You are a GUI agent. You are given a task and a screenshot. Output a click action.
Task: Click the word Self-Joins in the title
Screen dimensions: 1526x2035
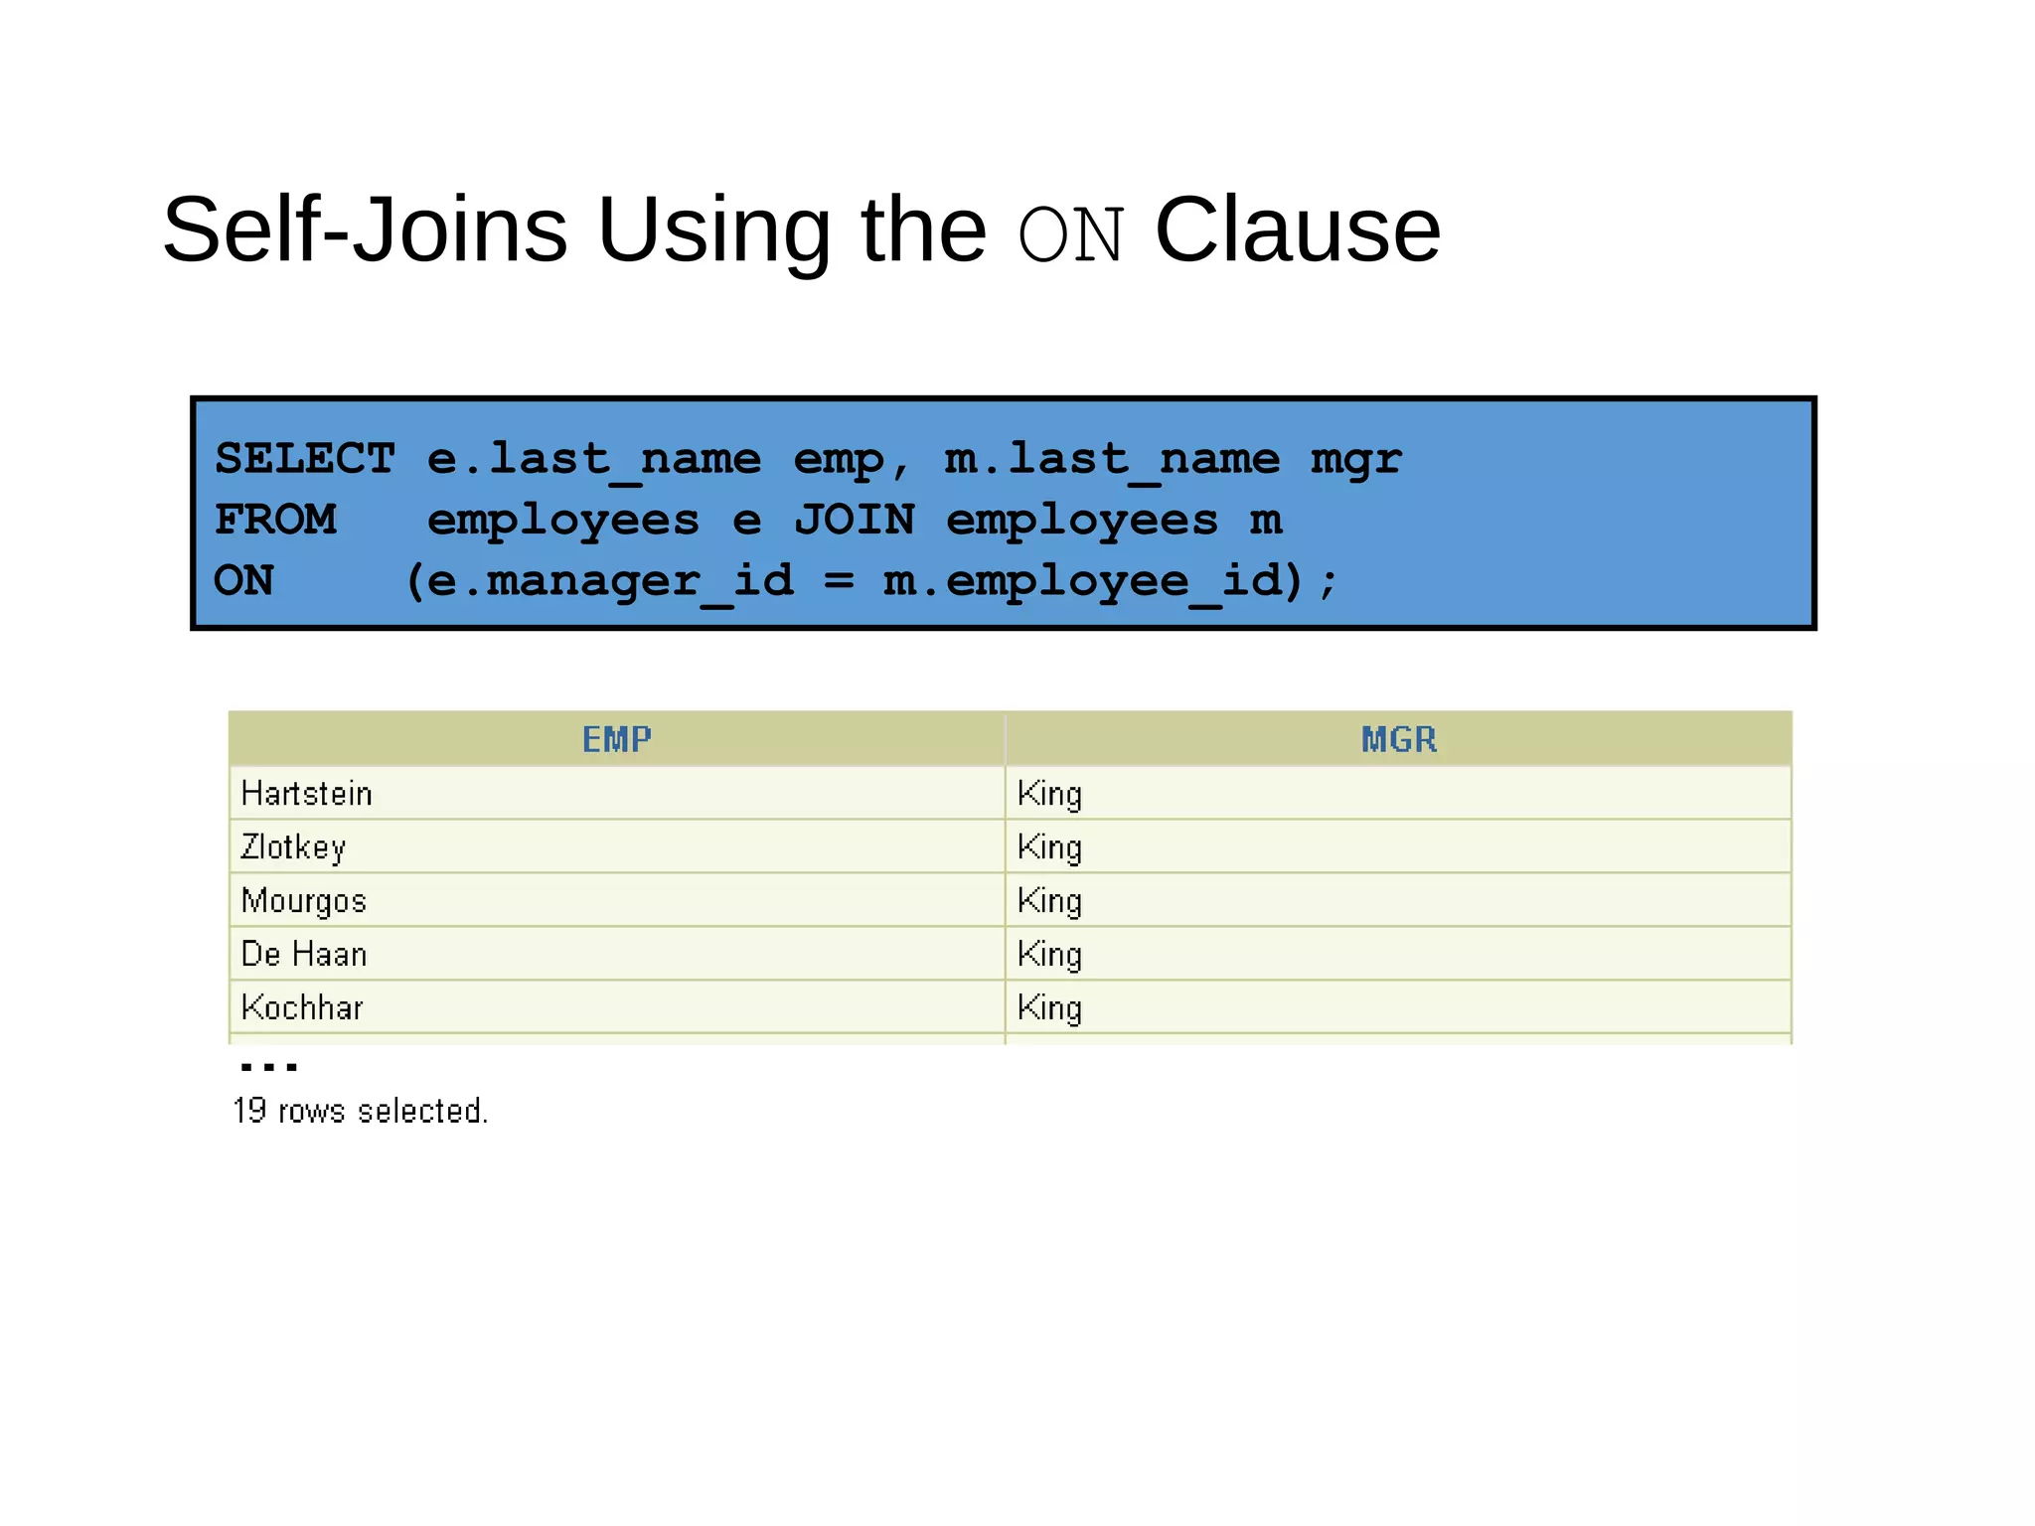[x=365, y=230]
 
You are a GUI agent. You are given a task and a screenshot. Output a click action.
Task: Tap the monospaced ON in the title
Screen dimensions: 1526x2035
[x=1071, y=235]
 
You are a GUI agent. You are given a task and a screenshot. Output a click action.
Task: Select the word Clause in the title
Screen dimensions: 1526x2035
[x=1297, y=230]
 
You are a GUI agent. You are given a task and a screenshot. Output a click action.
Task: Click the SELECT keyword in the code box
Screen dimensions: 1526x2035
[x=304, y=459]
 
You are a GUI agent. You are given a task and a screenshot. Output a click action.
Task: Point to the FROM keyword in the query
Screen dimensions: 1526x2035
[x=275, y=520]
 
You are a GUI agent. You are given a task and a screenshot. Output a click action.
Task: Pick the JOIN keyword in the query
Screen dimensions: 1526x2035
[x=854, y=520]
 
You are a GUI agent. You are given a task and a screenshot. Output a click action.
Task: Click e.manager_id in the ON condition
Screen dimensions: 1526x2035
[x=610, y=581]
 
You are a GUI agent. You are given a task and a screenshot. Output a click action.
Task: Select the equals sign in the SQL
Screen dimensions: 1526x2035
[x=839, y=581]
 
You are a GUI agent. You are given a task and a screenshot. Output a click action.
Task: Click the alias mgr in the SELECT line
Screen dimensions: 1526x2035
[x=1355, y=459]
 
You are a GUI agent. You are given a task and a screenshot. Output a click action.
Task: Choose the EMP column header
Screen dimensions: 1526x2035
[x=616, y=739]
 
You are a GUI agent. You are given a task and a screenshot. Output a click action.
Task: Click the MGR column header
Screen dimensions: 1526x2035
[x=1398, y=739]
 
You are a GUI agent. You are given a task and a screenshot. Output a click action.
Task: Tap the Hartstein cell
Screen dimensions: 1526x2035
[x=306, y=794]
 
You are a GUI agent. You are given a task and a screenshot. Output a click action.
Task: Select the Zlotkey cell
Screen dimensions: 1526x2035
[x=293, y=847]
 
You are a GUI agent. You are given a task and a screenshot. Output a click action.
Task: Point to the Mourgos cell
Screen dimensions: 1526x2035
[x=304, y=901]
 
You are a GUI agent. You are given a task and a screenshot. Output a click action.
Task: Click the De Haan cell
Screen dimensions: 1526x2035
[x=304, y=955]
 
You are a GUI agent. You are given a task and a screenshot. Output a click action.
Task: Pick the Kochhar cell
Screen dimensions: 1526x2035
[x=302, y=1008]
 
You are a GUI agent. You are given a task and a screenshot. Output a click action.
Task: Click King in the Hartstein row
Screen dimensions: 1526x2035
[x=1049, y=794]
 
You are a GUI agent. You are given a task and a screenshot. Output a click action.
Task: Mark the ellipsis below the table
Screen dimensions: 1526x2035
[x=268, y=1067]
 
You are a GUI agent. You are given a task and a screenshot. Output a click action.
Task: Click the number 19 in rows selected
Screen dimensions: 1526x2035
[x=249, y=1111]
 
